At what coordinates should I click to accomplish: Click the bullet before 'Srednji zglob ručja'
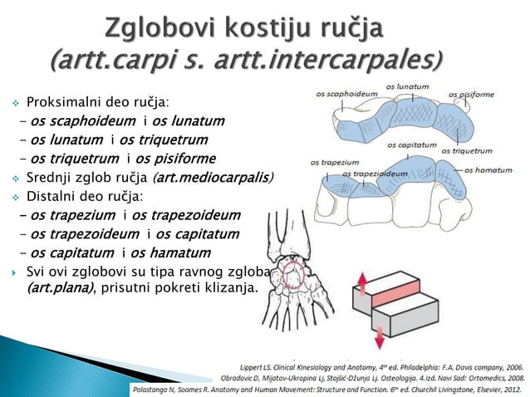pos(15,179)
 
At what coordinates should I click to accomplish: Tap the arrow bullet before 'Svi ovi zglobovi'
pos(14,272)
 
